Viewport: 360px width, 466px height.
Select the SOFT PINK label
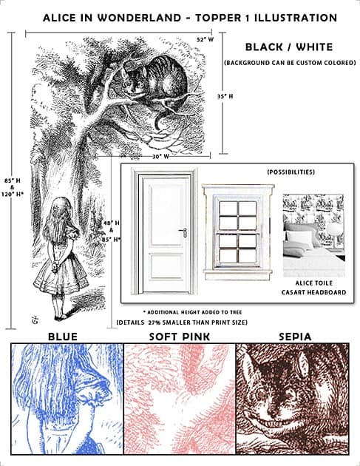point(180,337)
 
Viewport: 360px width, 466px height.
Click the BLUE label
point(62,337)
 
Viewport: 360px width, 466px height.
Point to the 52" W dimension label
point(205,38)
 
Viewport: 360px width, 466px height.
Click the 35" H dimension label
point(225,96)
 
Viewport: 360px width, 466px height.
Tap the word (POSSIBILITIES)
point(291,172)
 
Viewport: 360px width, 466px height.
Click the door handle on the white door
point(183,232)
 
